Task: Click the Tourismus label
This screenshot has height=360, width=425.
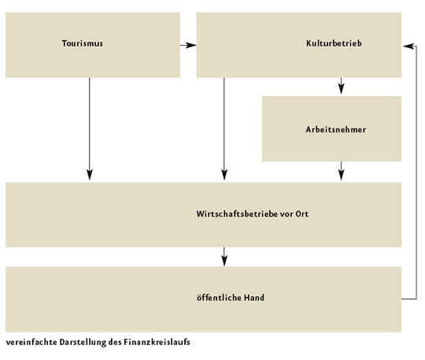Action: (x=83, y=43)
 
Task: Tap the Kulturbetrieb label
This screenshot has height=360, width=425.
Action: (x=334, y=43)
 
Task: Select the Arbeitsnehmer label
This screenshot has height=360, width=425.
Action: (x=336, y=129)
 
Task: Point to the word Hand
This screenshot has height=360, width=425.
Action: (x=254, y=298)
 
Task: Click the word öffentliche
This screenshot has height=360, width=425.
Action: (x=219, y=298)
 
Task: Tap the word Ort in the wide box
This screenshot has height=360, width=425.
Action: (x=302, y=213)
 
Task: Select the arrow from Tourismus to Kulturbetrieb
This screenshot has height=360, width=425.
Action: (x=188, y=45)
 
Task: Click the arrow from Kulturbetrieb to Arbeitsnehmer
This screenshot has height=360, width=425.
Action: (x=342, y=86)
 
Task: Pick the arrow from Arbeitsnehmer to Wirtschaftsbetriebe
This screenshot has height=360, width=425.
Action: (x=342, y=171)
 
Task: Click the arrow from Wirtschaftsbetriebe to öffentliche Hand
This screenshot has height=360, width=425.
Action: (x=224, y=257)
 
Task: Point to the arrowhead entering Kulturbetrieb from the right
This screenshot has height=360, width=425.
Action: (x=408, y=46)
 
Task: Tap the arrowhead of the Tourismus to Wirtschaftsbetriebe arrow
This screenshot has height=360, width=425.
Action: (x=90, y=175)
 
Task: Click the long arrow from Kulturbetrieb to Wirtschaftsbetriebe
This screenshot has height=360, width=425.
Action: (x=224, y=129)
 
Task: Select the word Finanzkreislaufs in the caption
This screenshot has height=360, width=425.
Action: (x=157, y=342)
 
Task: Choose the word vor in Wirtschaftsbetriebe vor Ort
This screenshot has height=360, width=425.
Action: (x=286, y=214)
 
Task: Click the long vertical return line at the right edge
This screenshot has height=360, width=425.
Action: (x=416, y=173)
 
